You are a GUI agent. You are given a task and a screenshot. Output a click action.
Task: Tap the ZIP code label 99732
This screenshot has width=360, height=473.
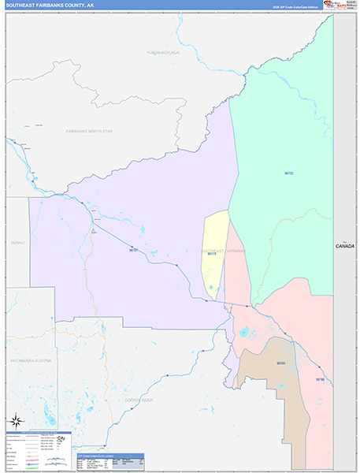coord(288,173)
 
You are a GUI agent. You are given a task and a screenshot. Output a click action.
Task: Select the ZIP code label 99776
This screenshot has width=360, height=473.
coord(211,254)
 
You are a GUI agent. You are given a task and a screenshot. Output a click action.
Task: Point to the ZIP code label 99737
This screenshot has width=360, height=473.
coord(133,250)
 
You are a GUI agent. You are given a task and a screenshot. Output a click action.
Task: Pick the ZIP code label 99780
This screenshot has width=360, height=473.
coord(320,379)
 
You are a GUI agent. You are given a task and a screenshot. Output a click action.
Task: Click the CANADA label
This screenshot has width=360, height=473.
coord(345,246)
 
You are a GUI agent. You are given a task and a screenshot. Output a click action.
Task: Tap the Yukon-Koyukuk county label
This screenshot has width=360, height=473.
coord(163,53)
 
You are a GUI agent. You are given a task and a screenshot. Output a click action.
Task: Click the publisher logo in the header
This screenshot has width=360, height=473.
coord(337,6)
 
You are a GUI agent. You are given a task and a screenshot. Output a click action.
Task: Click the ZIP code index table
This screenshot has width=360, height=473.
coord(110,461)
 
